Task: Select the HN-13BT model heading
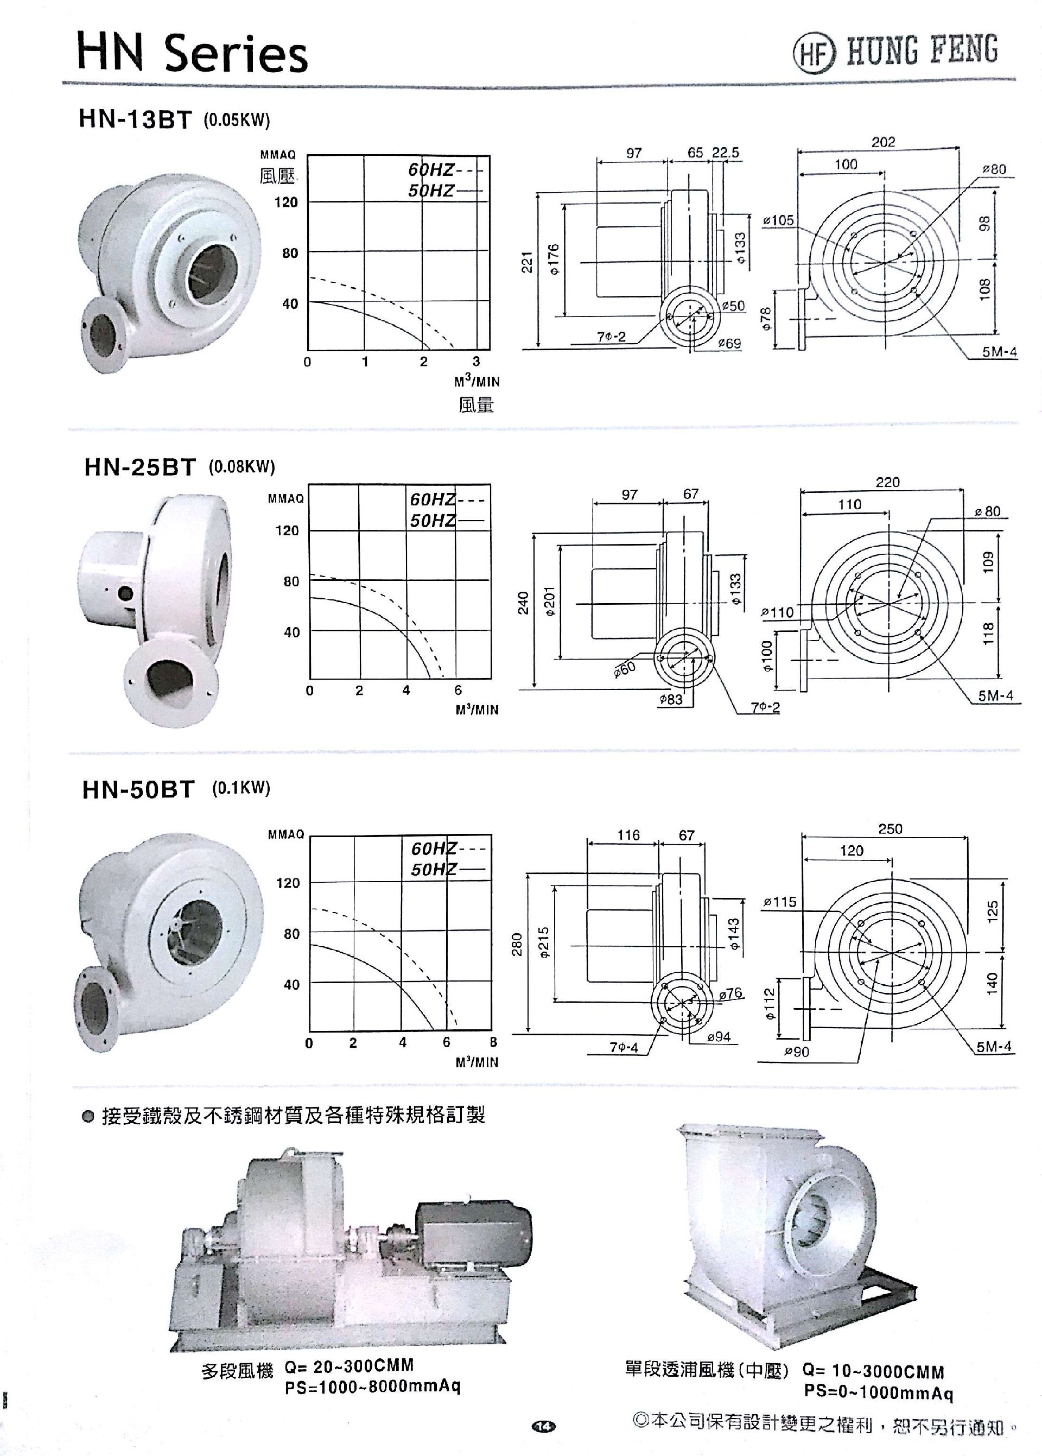coord(135,120)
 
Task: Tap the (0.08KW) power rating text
coord(242,466)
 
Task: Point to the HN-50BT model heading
coord(138,789)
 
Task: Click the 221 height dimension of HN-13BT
coord(527,261)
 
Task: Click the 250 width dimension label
coord(890,828)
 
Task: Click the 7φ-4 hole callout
coord(623,1047)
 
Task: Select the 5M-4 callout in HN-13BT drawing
coord(999,352)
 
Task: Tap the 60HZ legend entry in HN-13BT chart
coord(430,170)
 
